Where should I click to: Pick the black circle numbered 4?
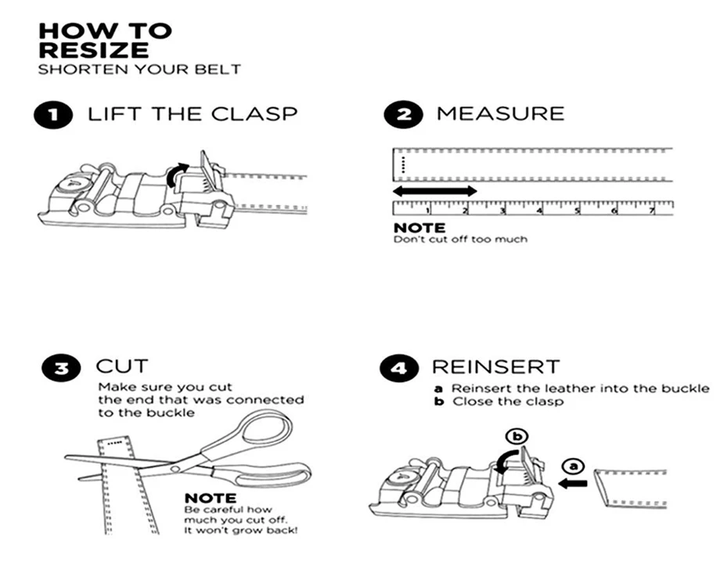point(398,367)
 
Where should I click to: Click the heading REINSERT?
point(495,366)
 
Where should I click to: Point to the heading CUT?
point(121,366)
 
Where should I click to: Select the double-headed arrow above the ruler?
point(434,190)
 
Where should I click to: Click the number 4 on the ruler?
point(540,211)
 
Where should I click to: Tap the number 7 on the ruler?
point(652,211)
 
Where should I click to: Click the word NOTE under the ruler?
point(419,228)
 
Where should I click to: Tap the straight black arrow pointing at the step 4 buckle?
point(574,484)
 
